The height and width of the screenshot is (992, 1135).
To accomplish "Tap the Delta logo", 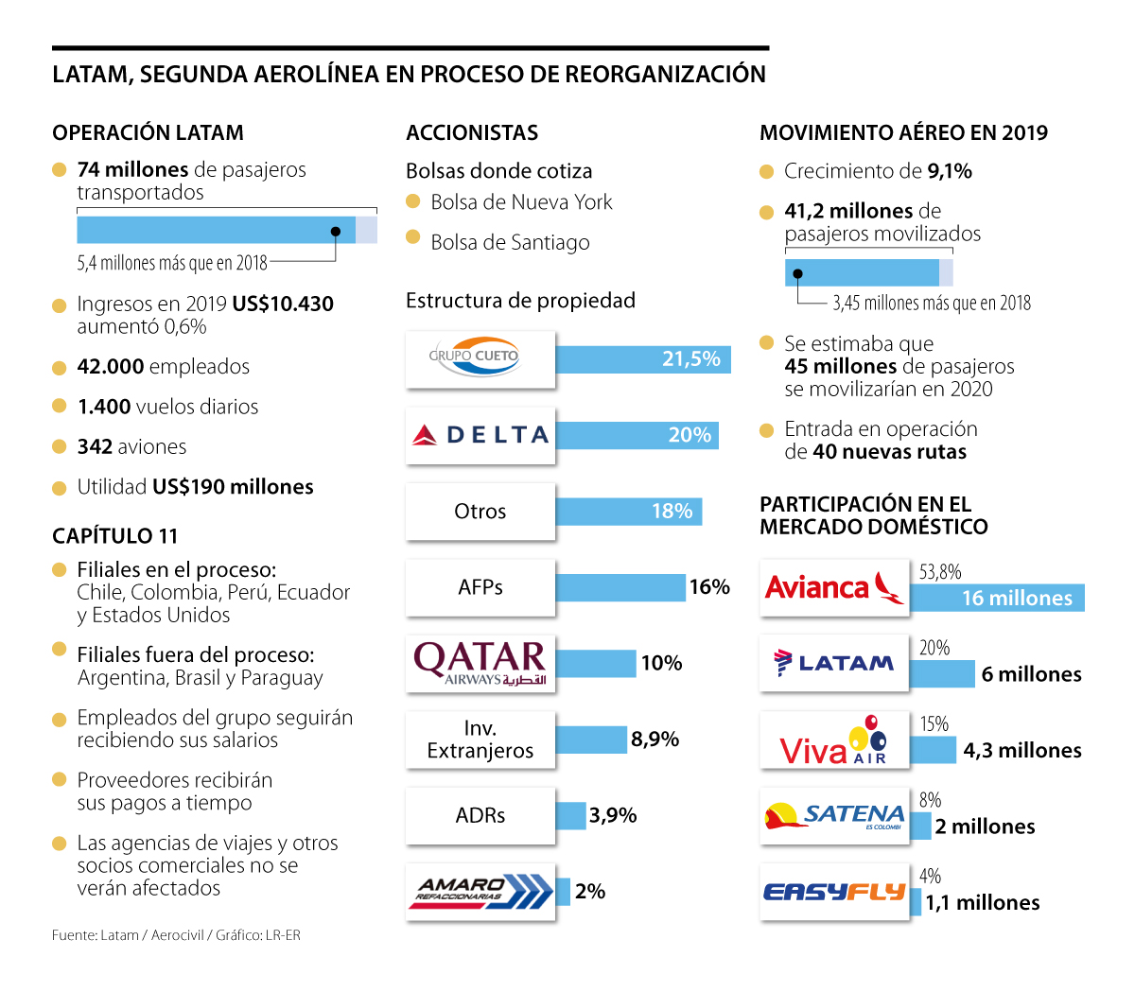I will (480, 435).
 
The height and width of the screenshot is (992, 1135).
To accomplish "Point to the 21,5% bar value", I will (690, 359).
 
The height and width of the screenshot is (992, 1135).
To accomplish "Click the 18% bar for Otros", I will (628, 512).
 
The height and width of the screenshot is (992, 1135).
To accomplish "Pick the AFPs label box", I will (480, 587).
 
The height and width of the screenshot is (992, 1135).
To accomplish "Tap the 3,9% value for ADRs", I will (613, 815).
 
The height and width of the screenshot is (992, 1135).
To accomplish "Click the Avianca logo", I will (833, 587).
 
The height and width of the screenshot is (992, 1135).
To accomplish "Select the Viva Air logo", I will (833, 740).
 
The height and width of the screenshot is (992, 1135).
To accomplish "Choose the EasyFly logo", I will (833, 892).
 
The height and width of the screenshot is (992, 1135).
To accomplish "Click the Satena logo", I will (833, 816).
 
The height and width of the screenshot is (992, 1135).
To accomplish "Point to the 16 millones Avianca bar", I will (997, 598).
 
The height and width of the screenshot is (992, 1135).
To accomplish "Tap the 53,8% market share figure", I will (940, 572).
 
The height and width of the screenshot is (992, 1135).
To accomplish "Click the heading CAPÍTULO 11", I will (115, 536).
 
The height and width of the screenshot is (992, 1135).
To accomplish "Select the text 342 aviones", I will (131, 446).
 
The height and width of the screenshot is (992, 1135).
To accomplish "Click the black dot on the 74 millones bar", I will (336, 231).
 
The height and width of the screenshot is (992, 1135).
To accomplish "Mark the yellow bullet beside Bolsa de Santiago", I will (412, 237).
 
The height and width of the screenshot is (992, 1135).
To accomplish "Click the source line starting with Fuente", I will (176, 935).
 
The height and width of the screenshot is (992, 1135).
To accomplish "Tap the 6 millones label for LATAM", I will (1031, 674).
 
